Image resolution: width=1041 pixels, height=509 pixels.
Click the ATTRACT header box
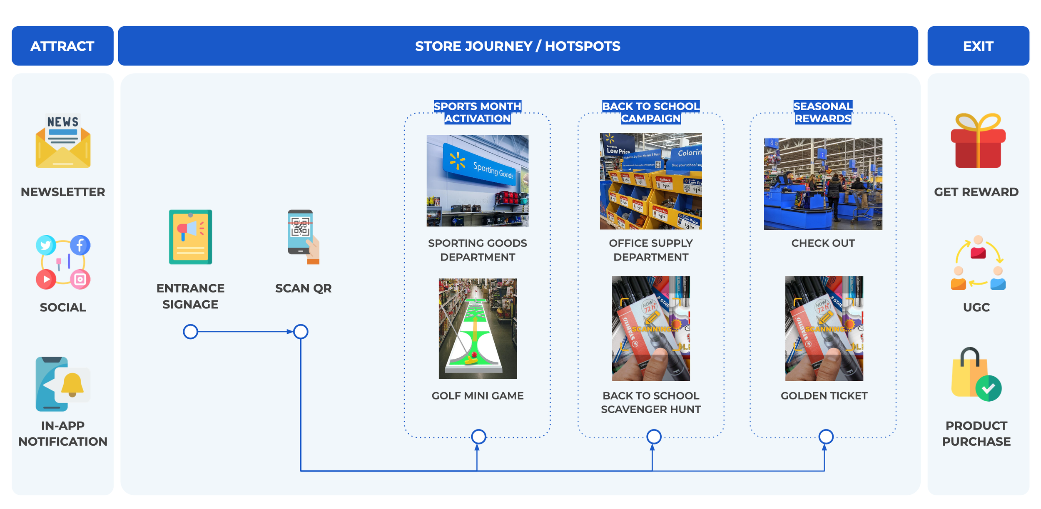click(x=62, y=46)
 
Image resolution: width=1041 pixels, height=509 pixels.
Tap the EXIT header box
click(x=978, y=46)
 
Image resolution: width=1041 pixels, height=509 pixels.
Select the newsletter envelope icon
click(x=63, y=142)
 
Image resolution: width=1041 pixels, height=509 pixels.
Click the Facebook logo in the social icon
click(x=80, y=245)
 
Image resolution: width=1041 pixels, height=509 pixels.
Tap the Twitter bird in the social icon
click(x=46, y=245)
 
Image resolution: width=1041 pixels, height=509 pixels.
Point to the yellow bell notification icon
click(x=72, y=384)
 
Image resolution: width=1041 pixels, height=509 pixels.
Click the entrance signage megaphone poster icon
click(x=190, y=237)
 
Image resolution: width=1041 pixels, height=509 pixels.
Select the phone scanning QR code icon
click(x=303, y=236)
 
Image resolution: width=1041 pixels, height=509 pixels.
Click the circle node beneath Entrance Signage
click(x=190, y=332)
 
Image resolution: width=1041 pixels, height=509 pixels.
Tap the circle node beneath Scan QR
click(x=301, y=332)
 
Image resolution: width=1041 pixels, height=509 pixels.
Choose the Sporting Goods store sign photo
click(x=477, y=181)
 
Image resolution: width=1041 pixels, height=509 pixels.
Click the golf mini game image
click(x=477, y=328)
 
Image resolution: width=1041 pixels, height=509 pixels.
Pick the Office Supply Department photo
click(x=650, y=181)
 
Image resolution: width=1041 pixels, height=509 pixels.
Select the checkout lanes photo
click(x=823, y=184)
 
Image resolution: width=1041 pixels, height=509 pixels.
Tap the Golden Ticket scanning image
click(x=824, y=328)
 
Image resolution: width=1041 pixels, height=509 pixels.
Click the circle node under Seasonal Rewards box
click(x=826, y=437)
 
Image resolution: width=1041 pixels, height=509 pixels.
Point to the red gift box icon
click(x=978, y=142)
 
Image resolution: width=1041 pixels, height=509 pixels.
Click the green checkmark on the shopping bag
click(x=988, y=388)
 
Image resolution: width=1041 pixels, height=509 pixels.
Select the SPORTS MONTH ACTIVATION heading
click(x=477, y=112)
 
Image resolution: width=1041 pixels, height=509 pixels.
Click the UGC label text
click(x=976, y=307)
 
